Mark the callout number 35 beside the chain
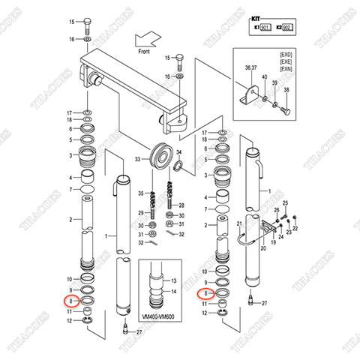click(140, 193)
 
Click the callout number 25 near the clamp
click(285, 203)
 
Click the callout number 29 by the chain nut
click(140, 214)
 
